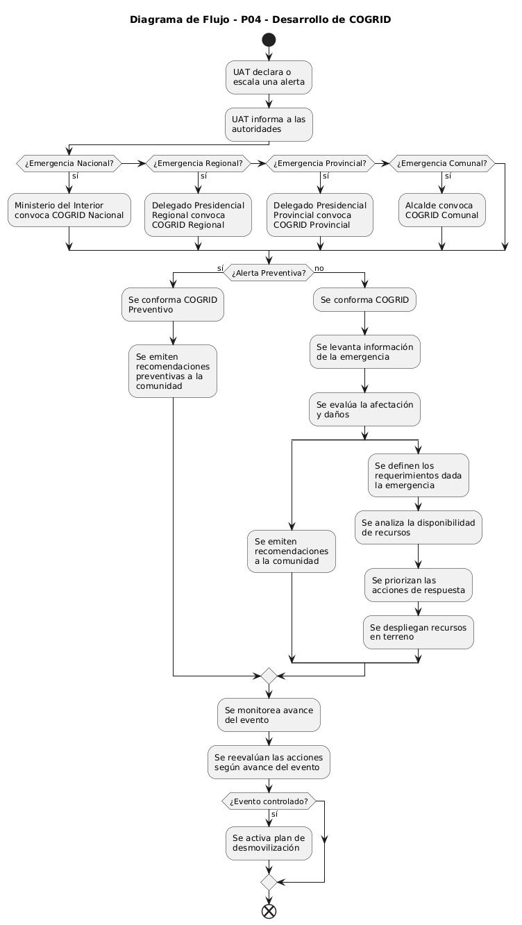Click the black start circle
tap(269, 40)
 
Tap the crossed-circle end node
tap(269, 910)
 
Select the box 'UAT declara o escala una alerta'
tap(269, 77)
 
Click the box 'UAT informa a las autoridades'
tap(269, 124)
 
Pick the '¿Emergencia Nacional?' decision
tap(69, 163)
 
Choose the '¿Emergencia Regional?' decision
tap(198, 163)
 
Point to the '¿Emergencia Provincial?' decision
tap(320, 163)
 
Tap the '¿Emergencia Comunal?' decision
tap(442, 163)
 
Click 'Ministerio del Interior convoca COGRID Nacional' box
tap(69, 210)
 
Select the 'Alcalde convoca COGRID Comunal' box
tap(442, 210)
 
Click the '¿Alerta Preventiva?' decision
tap(269, 273)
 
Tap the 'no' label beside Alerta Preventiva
tap(319, 269)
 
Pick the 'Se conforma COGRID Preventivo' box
tap(173, 304)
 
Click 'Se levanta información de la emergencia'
tap(365, 352)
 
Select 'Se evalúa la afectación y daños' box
tap(365, 409)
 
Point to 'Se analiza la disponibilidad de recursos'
tap(419, 527)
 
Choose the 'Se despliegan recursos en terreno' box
tap(419, 632)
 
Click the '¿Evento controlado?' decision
tap(269, 801)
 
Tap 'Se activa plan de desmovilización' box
tap(269, 843)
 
